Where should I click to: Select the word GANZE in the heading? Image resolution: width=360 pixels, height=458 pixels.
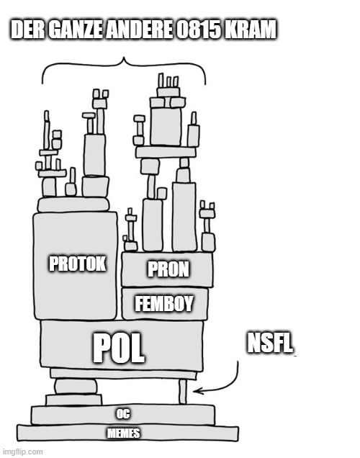point(75,30)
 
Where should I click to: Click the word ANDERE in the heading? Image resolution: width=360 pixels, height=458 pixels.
point(139,30)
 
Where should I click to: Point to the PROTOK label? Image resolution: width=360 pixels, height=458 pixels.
point(77,264)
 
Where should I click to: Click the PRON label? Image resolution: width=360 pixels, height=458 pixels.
point(168,269)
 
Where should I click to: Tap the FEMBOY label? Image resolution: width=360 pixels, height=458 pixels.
point(164,303)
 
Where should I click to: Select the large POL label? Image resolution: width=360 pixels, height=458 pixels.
point(119,348)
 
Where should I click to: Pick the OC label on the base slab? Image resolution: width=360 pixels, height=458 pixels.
point(123,414)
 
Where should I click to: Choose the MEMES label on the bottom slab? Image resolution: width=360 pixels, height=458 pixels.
point(124,434)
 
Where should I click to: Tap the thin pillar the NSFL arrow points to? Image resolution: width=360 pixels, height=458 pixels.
point(182,392)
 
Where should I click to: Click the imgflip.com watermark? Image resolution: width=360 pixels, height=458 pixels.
point(22,452)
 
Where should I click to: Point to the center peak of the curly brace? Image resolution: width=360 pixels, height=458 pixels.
point(124,58)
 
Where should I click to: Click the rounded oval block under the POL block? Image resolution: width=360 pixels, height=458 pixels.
point(76,387)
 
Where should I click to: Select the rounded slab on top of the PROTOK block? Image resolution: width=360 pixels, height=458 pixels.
point(73,205)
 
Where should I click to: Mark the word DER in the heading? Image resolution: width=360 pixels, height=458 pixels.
point(28,30)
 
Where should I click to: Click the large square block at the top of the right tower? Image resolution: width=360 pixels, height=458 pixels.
point(166,126)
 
